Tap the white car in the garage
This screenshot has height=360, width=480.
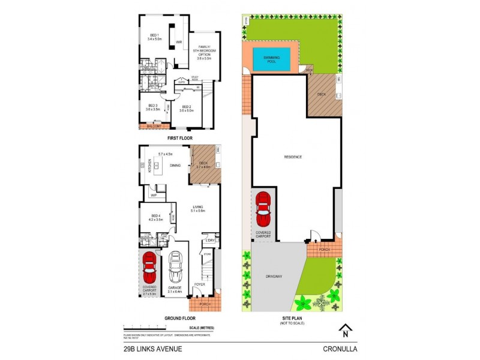click(x=176, y=267)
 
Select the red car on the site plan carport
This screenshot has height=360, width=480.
click(x=263, y=207)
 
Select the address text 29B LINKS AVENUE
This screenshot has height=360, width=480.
click(x=149, y=348)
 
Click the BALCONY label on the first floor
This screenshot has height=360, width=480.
click(x=152, y=127)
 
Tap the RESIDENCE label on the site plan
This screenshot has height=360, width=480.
click(x=293, y=157)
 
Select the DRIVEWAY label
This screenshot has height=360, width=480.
click(x=275, y=277)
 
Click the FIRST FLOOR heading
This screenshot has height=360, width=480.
click(x=179, y=137)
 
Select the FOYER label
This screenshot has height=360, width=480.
click(x=200, y=285)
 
